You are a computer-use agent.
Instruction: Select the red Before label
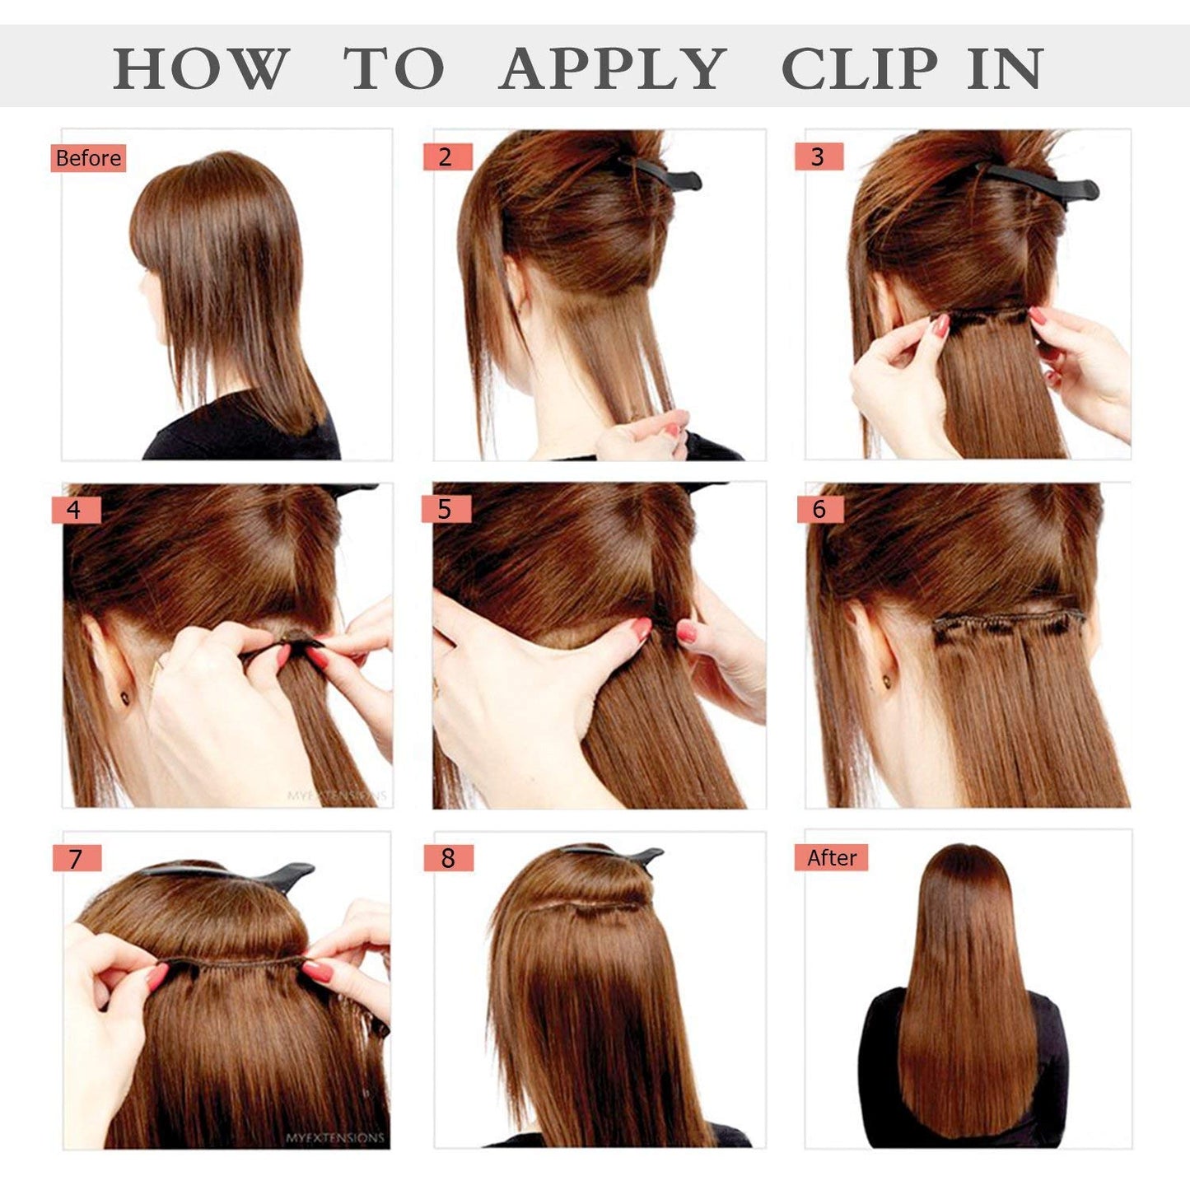click(88, 157)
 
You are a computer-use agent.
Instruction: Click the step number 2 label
click(446, 156)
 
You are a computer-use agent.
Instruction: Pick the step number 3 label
click(818, 156)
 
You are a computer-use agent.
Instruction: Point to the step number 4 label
click(75, 510)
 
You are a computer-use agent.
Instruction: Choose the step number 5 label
click(446, 509)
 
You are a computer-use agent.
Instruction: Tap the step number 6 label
click(819, 509)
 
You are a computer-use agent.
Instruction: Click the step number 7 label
click(76, 858)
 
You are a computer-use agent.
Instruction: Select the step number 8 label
click(448, 857)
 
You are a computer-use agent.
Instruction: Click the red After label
click(831, 857)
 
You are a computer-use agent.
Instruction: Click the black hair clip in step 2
click(663, 175)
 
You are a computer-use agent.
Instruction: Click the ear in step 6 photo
click(875, 655)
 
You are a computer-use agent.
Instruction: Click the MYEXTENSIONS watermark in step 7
click(335, 1137)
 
